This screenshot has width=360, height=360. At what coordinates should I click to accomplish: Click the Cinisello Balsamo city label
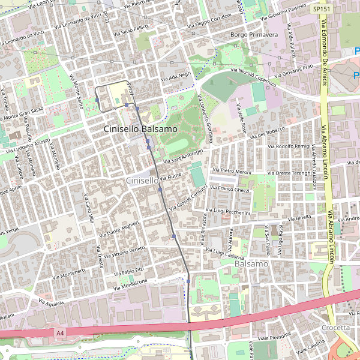point(140,129)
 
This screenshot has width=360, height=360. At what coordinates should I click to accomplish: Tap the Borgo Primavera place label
point(254,35)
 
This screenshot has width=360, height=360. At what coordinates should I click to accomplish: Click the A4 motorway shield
point(59,332)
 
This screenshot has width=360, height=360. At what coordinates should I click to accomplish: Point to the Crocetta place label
point(335,328)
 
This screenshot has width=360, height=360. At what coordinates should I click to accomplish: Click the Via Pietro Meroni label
point(235,172)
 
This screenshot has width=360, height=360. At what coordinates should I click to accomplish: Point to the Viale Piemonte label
point(274,338)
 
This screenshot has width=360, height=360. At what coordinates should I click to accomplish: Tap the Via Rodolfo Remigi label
point(289,146)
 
